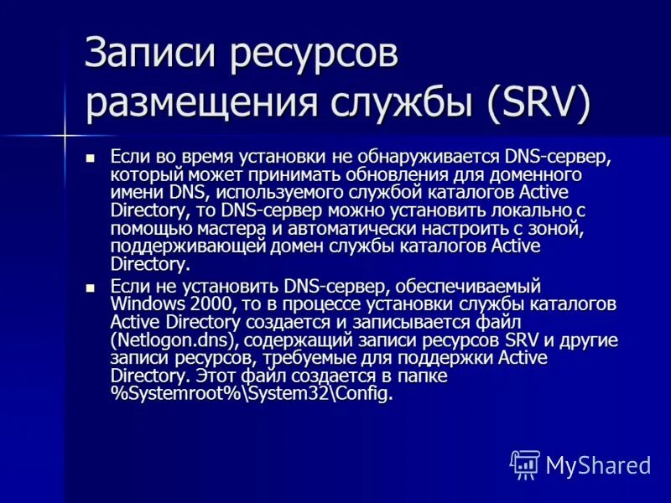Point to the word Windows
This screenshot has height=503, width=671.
pyautogui.click(x=142, y=303)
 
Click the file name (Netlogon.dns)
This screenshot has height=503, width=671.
pyautogui.click(x=166, y=340)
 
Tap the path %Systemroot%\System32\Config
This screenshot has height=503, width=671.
pyautogui.click(x=251, y=395)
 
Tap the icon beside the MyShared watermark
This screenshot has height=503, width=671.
pyautogui.click(x=524, y=464)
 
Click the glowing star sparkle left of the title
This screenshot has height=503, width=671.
pyautogui.click(x=65, y=134)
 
